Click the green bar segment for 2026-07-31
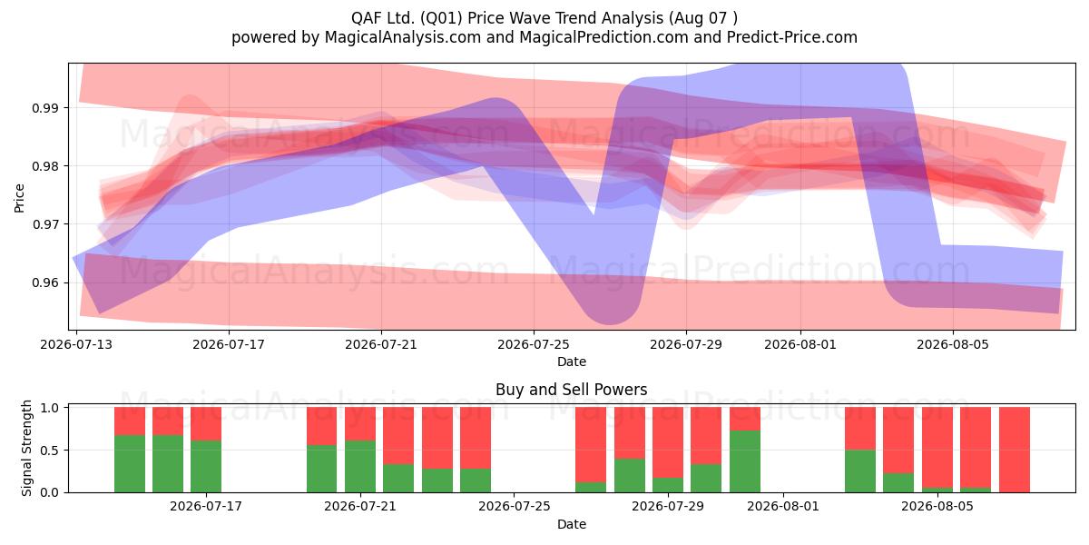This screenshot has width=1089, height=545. point(745,461)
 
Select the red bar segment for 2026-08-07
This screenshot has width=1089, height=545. point(1015,450)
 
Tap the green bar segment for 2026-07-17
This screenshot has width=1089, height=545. point(206,466)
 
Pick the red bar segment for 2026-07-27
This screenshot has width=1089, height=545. point(591,445)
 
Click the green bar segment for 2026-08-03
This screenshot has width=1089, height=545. point(860,471)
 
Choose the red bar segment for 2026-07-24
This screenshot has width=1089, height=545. point(476,438)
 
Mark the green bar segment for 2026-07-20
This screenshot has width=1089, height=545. point(321,469)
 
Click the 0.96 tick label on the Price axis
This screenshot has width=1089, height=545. point(44,282)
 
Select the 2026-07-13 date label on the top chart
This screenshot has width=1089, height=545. point(76,344)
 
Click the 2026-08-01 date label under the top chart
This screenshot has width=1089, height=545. point(800,344)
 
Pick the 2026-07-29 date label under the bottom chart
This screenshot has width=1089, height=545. point(668,506)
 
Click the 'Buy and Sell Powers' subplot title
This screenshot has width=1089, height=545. point(571,390)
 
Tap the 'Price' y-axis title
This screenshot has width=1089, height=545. point(19,198)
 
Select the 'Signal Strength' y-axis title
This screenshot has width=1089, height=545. point(26,448)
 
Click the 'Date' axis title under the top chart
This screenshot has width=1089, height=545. point(572,362)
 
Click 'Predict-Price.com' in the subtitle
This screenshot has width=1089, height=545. point(792,37)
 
